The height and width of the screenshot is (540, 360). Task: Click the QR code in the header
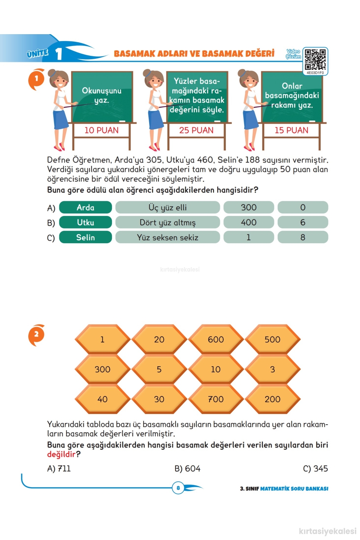(315, 59)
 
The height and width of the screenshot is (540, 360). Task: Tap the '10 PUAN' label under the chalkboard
(101, 130)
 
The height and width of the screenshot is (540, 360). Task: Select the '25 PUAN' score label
(196, 130)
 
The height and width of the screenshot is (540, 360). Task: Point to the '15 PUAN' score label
(292, 130)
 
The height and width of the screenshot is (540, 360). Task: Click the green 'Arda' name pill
(85, 207)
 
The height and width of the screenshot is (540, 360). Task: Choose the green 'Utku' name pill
(85, 222)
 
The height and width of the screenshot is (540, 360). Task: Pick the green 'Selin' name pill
(85, 237)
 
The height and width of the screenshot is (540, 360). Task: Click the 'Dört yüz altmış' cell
(168, 222)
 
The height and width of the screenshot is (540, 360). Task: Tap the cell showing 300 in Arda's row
(249, 207)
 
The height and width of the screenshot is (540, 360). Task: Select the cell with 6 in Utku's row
(303, 222)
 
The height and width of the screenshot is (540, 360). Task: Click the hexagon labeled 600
(216, 339)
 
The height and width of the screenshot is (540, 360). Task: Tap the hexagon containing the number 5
(159, 369)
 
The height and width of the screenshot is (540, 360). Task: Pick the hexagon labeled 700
(216, 399)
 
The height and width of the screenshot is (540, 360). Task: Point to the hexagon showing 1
(102, 339)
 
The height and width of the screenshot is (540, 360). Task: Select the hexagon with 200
(273, 399)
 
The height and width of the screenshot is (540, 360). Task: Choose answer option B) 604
(187, 468)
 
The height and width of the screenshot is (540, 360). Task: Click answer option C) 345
(316, 468)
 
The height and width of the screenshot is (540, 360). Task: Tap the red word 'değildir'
(61, 454)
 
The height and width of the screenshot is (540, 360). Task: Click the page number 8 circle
(178, 488)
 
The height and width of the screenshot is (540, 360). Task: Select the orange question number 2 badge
(36, 335)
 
